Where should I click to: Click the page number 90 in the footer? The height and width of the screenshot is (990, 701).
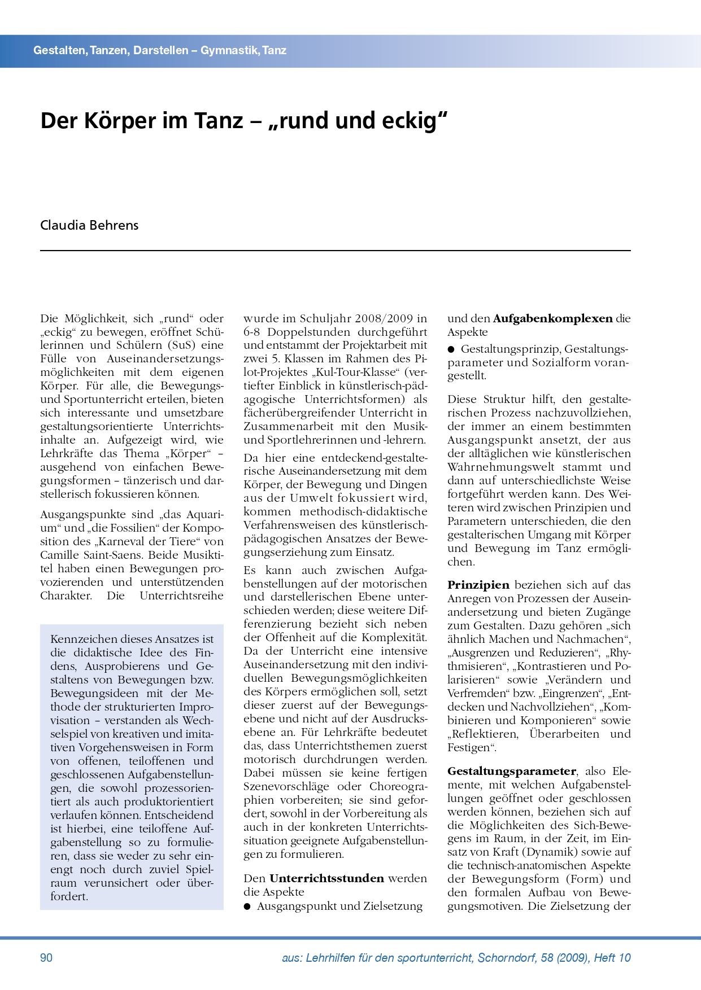[46, 957]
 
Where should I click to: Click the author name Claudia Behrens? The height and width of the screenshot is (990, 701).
[89, 225]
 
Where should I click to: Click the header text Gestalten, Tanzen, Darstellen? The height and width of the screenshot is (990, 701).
[111, 50]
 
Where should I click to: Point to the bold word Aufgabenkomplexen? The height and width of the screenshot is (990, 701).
[552, 318]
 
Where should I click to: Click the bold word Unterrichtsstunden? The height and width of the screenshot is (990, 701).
[326, 878]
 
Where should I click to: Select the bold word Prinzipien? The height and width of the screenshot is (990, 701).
[478, 585]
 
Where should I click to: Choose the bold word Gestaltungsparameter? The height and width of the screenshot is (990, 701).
[512, 771]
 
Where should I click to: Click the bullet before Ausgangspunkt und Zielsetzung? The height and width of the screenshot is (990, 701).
[247, 906]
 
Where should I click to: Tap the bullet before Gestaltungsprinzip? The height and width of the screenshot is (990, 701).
[451, 349]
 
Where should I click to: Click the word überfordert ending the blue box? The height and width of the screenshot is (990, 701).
[69, 896]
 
